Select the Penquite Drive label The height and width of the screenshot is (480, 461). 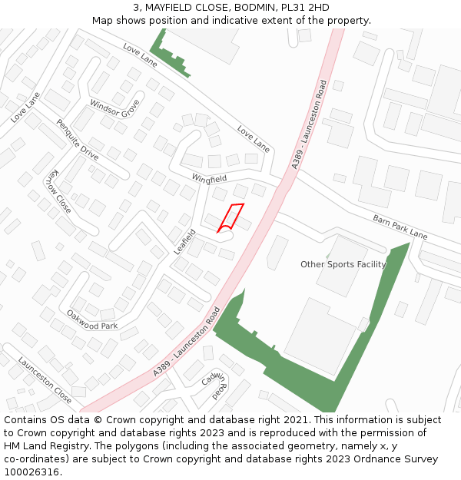click(x=78, y=139)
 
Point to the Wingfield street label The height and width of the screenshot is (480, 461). click(x=209, y=178)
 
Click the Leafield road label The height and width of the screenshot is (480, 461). click(x=184, y=241)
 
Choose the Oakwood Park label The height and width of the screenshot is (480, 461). click(x=92, y=320)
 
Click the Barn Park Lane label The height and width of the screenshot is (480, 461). click(x=400, y=227)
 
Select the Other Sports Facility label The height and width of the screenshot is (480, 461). click(x=343, y=264)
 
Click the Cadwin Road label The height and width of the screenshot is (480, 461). click(x=214, y=385)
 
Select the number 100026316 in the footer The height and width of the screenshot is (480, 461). click(x=32, y=472)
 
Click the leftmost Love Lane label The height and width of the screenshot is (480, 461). click(x=25, y=108)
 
